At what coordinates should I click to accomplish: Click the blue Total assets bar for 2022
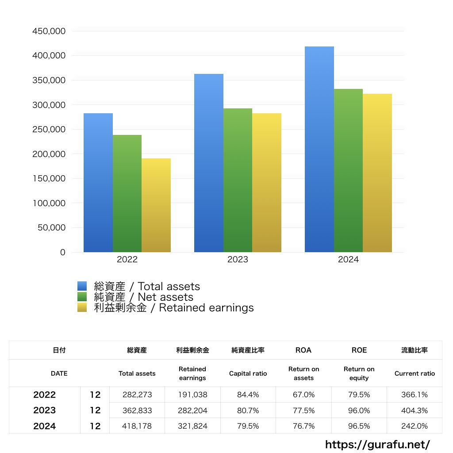98,183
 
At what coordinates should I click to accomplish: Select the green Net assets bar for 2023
238,180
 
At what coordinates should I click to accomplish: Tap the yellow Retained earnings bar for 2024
377,173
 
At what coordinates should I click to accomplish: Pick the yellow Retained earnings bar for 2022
156,205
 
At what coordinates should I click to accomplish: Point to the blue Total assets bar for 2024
319,149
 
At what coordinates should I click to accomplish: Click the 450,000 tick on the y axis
49,31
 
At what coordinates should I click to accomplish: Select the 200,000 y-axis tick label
49,154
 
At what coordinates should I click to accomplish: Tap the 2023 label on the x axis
238,260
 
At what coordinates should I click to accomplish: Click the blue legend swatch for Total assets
82,286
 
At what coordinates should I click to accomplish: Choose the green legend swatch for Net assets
82,297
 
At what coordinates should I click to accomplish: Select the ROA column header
303,350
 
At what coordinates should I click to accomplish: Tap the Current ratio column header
415,373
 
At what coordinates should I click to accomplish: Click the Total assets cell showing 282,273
137,395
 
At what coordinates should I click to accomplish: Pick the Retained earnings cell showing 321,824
192,426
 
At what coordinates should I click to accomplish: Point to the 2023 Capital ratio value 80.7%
248,411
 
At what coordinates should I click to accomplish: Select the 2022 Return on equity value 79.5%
359,395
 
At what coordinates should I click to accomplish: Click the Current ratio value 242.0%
415,426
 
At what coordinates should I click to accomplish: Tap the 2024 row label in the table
44,426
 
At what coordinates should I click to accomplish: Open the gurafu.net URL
377,444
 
